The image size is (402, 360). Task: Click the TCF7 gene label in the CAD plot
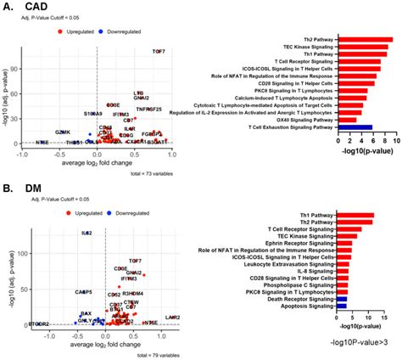point(159,52)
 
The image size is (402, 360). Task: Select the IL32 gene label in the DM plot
point(87,232)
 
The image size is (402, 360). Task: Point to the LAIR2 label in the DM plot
point(173,317)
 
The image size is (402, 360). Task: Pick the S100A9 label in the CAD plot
point(92,113)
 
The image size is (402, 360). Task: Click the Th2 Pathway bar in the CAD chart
point(364,39)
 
